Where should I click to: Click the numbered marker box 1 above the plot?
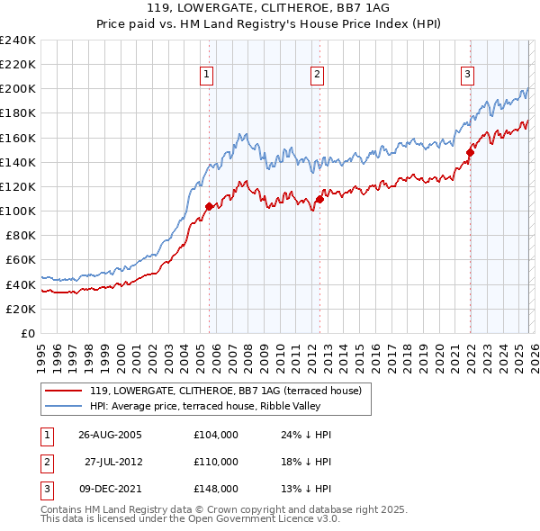coord(208,75)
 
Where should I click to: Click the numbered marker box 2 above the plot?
coord(318,75)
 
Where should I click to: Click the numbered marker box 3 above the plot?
coord(468,75)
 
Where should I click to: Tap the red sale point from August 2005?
coord(210,206)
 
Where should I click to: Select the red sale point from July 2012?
coord(319,199)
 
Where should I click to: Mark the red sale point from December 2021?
coord(469,153)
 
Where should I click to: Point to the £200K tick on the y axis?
coord(19,89)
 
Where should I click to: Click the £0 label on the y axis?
coord(27,333)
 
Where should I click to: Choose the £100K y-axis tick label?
coord(19,211)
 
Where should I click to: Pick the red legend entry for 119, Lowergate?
coord(225,391)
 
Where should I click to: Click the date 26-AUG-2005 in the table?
coord(110,435)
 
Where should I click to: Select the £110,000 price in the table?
coord(216,462)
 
